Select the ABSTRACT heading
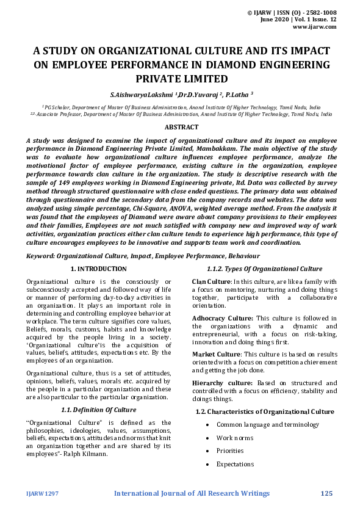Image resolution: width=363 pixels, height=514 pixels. (181, 127)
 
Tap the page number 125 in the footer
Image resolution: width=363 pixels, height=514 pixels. (326, 493)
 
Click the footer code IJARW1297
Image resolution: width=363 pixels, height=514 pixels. (42, 493)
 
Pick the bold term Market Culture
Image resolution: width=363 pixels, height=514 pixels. (215, 354)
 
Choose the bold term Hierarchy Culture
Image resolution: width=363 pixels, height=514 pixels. (221, 383)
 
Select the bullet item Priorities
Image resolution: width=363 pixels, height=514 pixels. (230, 451)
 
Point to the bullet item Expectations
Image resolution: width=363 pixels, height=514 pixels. (234, 465)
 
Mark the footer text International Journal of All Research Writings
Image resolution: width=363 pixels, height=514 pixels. (192, 493)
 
